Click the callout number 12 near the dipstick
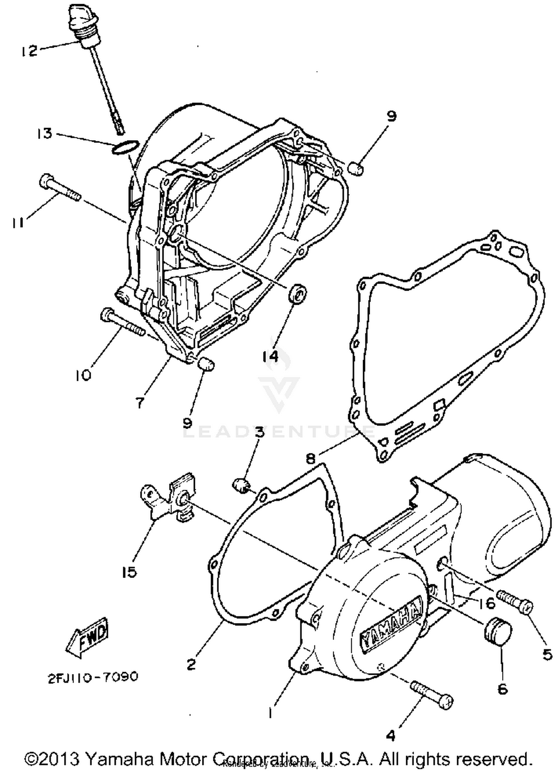(29, 51)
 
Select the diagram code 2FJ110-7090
(93, 677)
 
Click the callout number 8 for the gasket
(311, 459)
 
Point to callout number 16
(486, 603)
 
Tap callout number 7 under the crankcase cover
(140, 402)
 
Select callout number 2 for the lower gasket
(191, 664)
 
